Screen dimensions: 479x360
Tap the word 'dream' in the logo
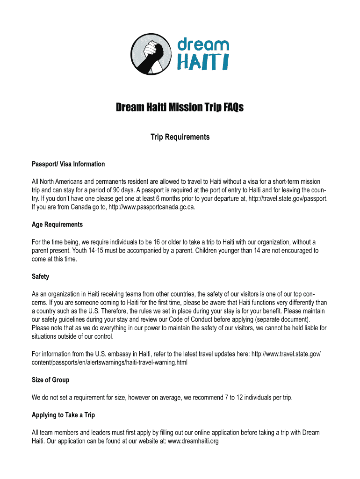[202, 45]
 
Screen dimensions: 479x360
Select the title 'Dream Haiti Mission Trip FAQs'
[180, 108]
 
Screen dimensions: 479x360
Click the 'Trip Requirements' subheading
[180, 137]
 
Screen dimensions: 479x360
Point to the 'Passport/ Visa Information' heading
[68, 164]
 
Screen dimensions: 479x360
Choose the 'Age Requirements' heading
[57, 225]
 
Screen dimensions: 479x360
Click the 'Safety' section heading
[40, 276]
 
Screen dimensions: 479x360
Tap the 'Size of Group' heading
[50, 380]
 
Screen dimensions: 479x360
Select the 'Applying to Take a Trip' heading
[63, 415]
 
